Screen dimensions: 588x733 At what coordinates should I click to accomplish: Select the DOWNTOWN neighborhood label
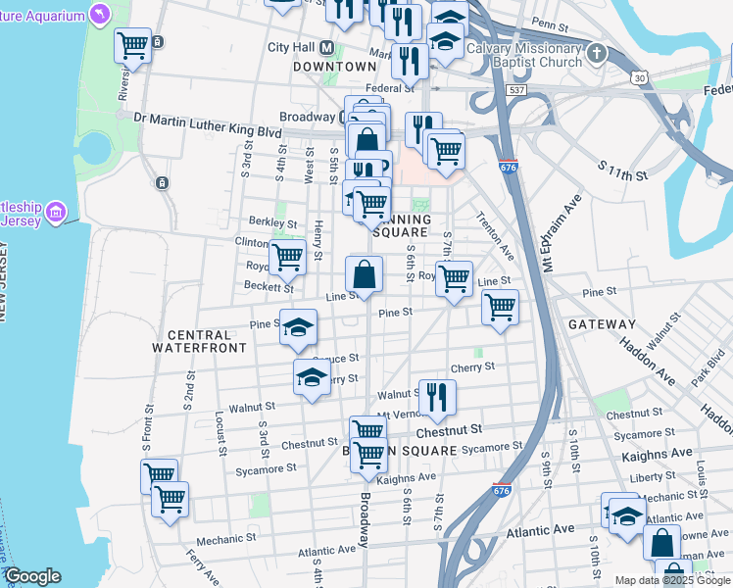(x=334, y=66)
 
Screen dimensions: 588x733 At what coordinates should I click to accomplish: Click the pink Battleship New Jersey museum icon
(x=56, y=212)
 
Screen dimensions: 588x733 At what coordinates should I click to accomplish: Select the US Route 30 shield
(x=639, y=76)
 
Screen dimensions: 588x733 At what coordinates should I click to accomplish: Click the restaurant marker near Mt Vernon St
(x=436, y=396)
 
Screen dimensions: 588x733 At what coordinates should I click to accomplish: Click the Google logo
(x=32, y=576)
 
